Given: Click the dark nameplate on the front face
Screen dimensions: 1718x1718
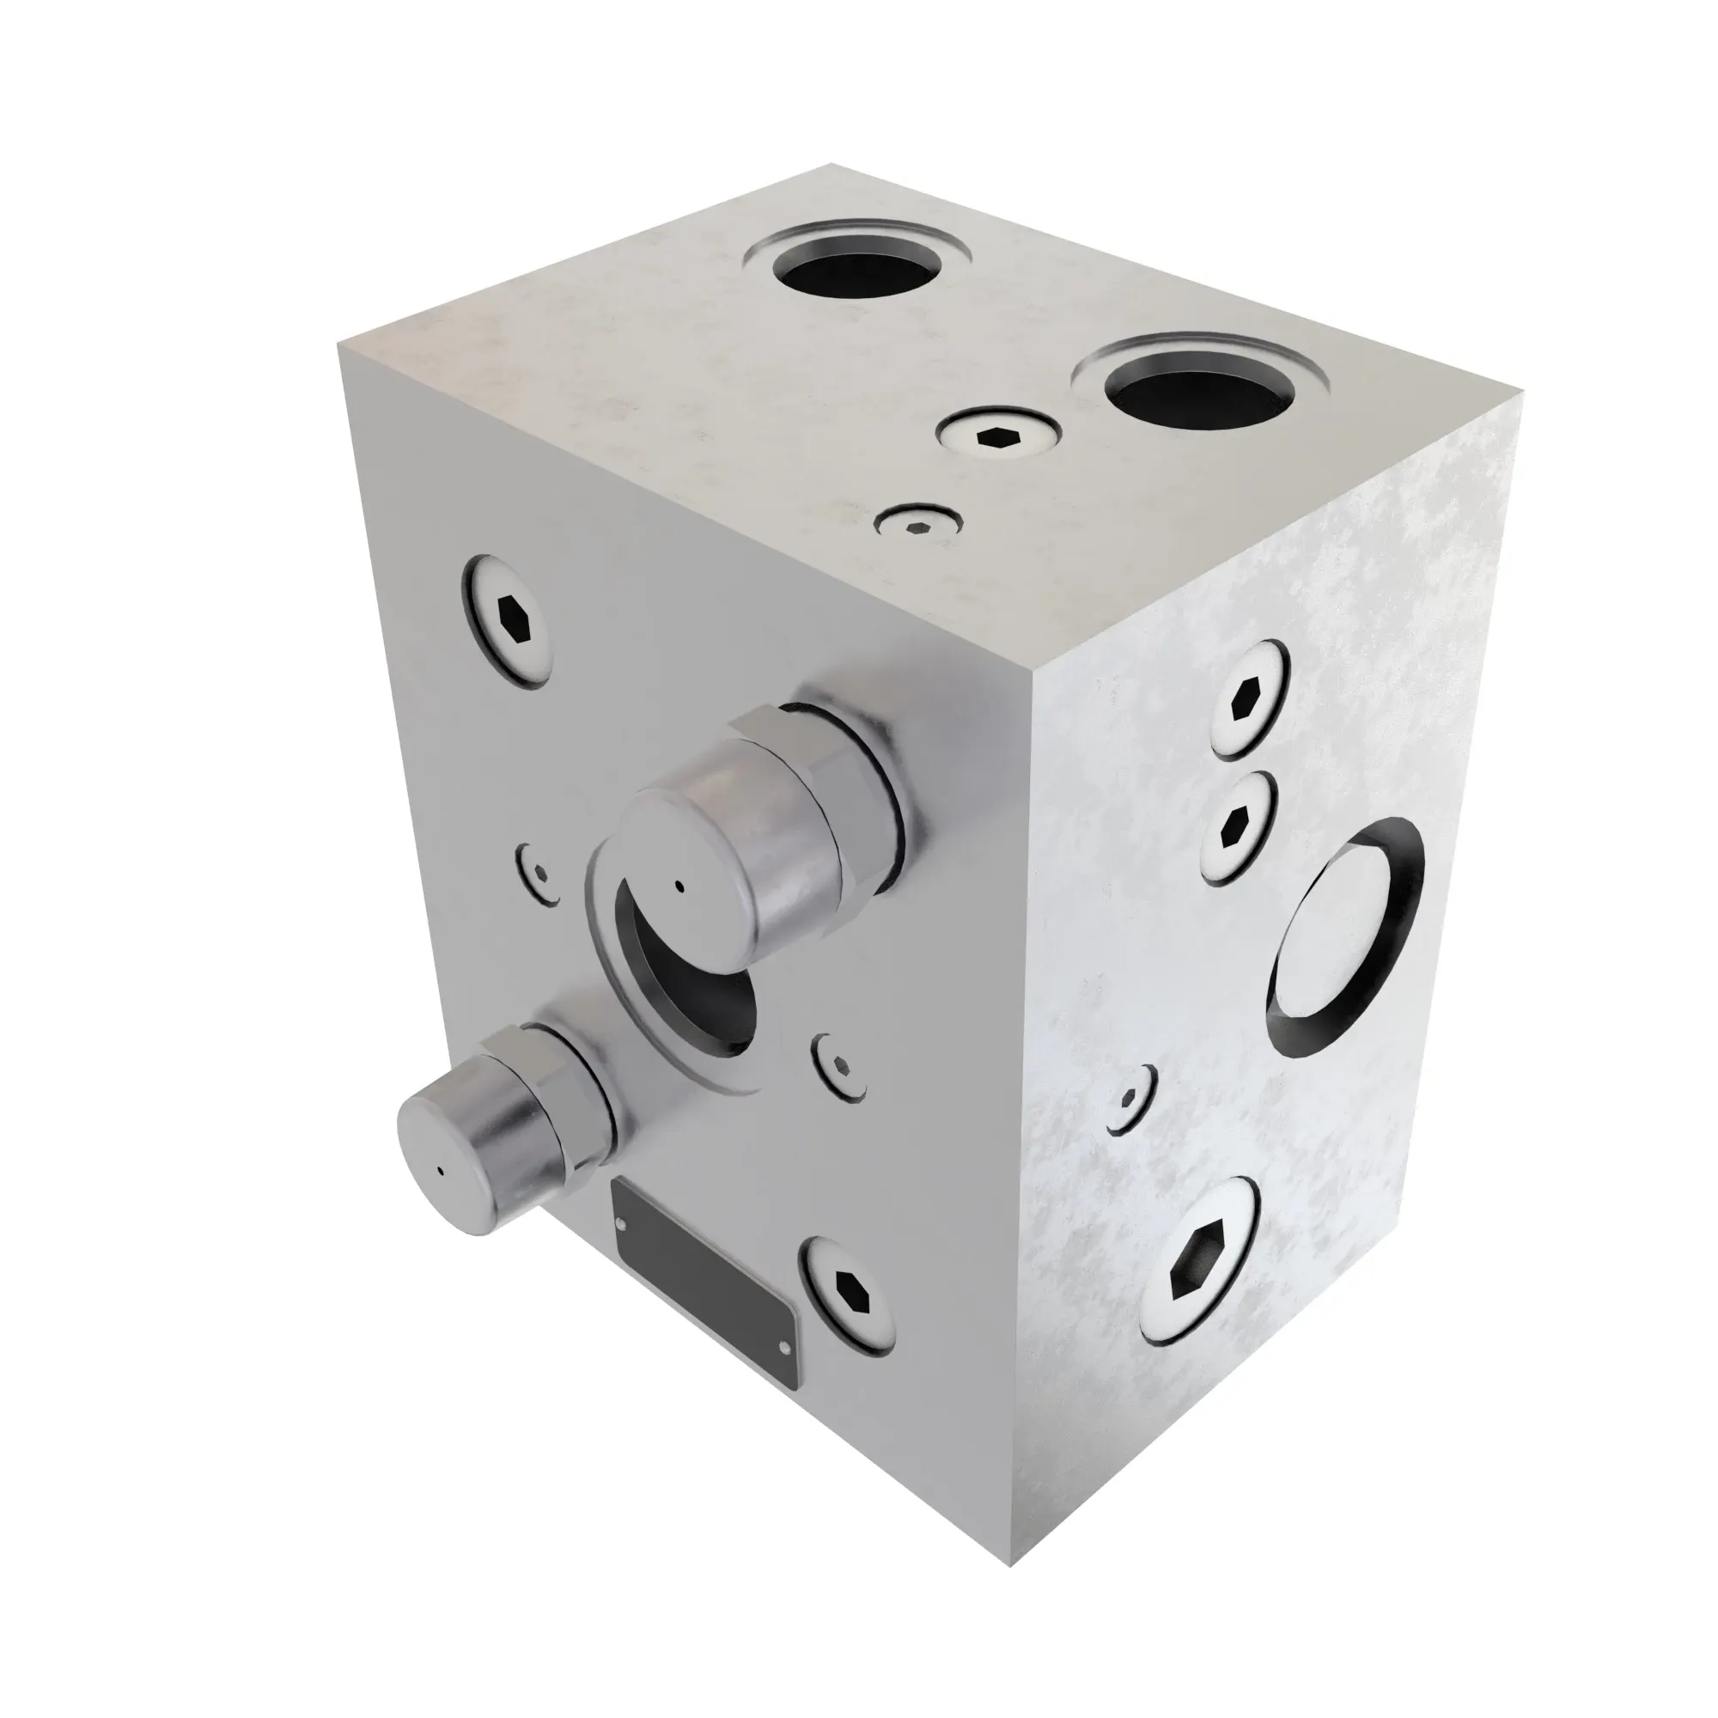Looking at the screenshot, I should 704,1249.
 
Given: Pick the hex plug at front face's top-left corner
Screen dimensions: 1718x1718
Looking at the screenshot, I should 508,620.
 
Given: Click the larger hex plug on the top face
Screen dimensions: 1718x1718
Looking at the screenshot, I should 997,435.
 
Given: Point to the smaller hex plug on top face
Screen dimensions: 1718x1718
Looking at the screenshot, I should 919,525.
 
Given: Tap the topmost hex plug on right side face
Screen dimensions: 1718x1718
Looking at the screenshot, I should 1248,700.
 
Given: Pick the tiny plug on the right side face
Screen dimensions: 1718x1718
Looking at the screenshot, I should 1130,1097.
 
